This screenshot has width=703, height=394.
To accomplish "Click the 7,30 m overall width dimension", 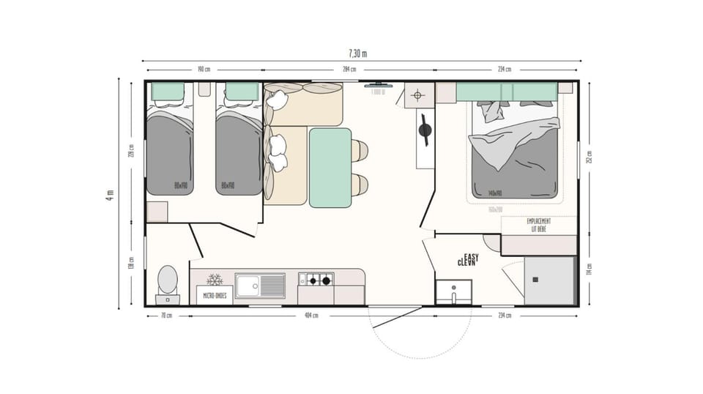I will tap(357, 53).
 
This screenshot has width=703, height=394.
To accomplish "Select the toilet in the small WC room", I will tap(167, 281).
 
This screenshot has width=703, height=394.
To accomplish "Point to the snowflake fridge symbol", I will tap(215, 280).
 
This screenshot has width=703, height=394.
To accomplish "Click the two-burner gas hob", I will tap(316, 279).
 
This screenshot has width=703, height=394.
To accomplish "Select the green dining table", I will tap(330, 167).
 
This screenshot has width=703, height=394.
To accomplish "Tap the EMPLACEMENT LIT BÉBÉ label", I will tap(538, 225).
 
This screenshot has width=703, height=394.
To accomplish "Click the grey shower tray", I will tap(549, 280).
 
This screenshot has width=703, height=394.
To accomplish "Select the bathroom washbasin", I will tap(454, 292).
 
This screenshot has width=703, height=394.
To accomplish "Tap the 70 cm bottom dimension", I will tap(167, 316).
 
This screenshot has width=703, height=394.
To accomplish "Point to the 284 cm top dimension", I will tap(349, 70).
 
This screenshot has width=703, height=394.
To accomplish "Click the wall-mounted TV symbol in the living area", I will tap(377, 85).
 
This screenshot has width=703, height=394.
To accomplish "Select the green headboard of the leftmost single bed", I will tap(168, 92).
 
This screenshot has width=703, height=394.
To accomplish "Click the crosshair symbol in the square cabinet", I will tap(417, 95).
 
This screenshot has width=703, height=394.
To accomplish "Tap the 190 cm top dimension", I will tap(204, 70).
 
